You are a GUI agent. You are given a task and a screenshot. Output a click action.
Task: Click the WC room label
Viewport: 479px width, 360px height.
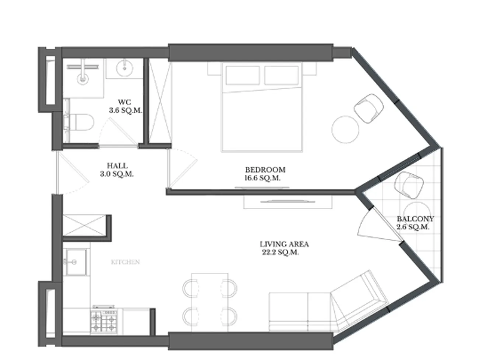click(x=125, y=102)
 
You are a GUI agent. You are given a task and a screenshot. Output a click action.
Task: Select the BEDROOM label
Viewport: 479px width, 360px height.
click(x=265, y=170)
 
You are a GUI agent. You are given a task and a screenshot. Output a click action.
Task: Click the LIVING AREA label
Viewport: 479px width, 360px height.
click(x=284, y=244)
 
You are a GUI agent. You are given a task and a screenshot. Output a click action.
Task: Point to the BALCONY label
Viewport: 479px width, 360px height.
click(x=415, y=219)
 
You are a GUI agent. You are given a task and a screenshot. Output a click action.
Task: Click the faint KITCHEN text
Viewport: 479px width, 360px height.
click(x=125, y=262)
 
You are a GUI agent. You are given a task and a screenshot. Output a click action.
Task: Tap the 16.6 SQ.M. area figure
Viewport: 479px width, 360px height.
click(x=262, y=178)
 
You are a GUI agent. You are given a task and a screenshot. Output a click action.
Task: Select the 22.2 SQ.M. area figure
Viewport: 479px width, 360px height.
click(x=280, y=252)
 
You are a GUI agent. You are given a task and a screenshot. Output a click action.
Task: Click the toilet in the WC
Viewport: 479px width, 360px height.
click(x=81, y=122)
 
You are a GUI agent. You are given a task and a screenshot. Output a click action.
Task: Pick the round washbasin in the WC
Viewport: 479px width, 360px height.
click(x=125, y=68)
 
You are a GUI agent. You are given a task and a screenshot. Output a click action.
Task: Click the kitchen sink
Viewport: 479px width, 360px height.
click(x=76, y=262)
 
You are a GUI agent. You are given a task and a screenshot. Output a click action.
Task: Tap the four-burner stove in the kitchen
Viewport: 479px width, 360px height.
click(x=104, y=320)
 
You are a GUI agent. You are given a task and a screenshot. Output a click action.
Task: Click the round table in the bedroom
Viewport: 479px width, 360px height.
click(x=345, y=129)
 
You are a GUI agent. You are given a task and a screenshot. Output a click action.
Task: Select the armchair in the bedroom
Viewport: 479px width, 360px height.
click(x=368, y=108)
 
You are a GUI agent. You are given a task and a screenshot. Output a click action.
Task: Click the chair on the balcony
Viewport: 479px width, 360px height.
click(x=409, y=185)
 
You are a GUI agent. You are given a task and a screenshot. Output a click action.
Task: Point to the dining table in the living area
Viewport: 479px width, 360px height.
click(x=210, y=302)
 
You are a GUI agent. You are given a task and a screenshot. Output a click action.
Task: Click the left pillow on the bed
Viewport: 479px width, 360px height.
click(x=243, y=75)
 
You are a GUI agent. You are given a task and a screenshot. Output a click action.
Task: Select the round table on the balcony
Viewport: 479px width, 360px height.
click(x=417, y=215)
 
